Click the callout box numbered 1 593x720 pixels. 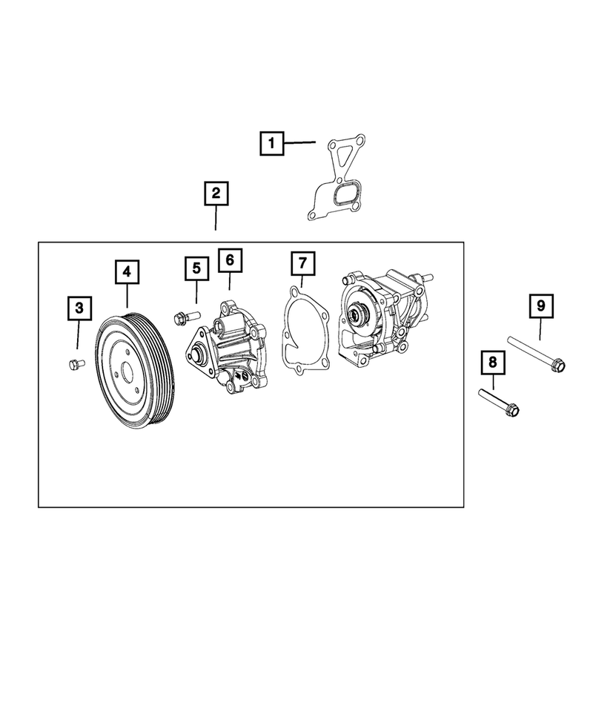272,142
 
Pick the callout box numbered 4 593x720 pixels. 127,273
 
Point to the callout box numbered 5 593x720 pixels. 196,268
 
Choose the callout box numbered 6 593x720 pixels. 230,260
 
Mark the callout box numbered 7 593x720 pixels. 302,263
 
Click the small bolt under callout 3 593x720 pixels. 75,363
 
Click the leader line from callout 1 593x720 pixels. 301,142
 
